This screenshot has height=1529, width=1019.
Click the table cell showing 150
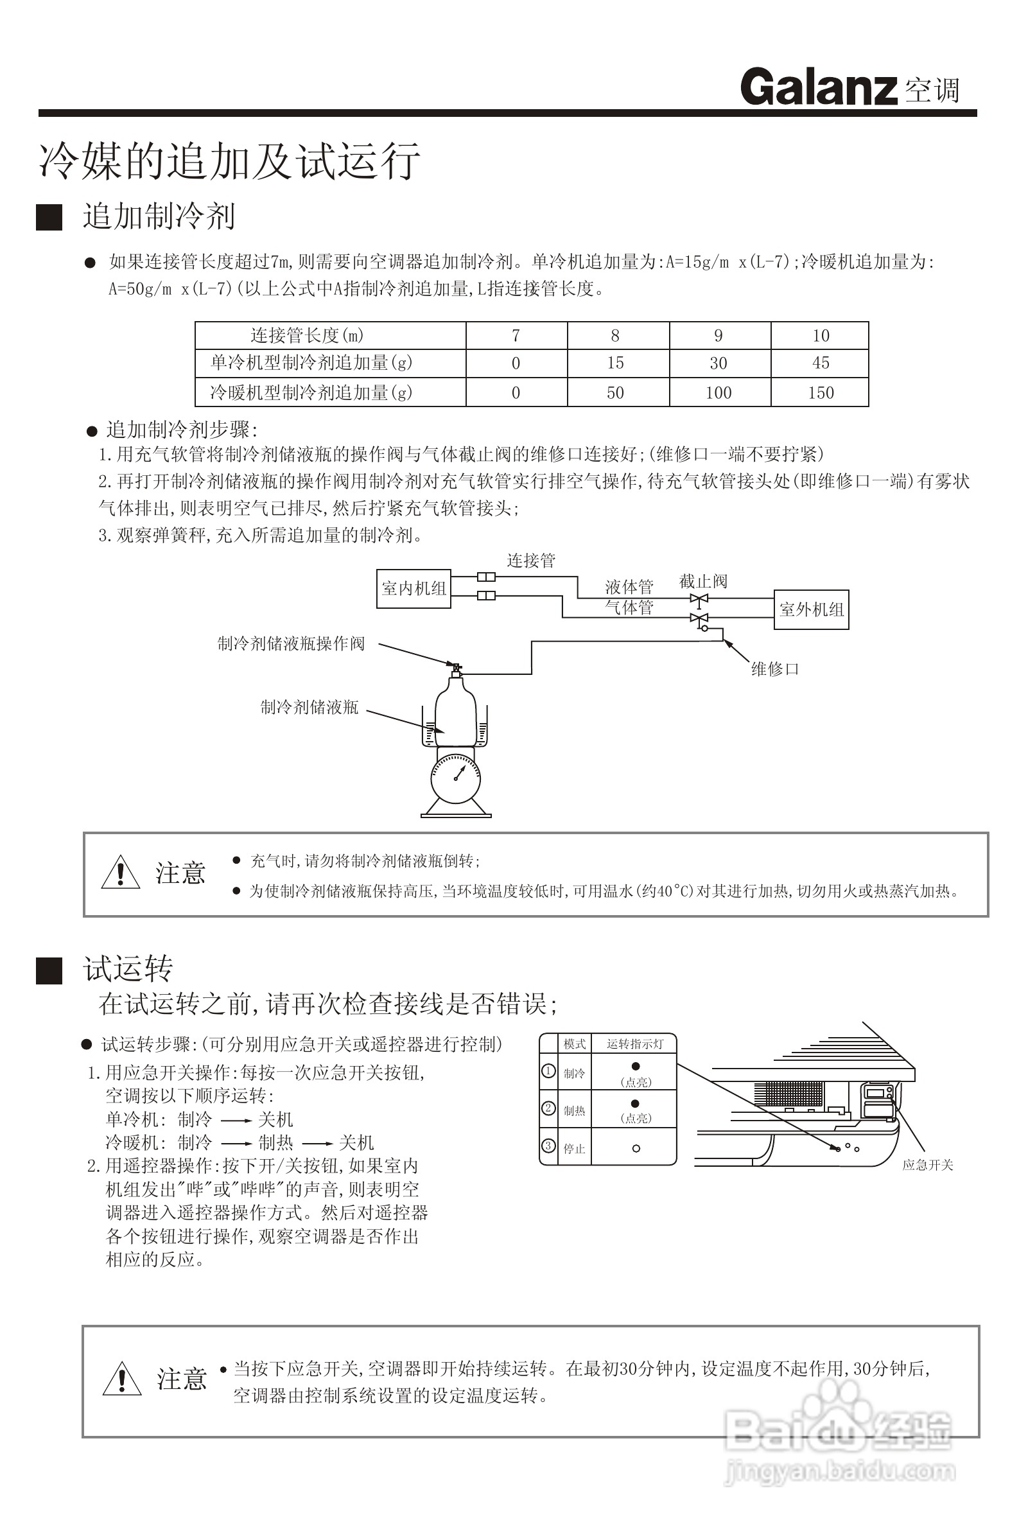[820, 392]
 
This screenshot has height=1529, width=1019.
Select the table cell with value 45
[820, 363]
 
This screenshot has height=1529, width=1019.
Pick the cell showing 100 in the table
[718, 392]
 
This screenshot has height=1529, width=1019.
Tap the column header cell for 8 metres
[614, 335]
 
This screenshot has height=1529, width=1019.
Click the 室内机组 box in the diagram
[414, 589]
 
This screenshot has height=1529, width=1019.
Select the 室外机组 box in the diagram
[811, 609]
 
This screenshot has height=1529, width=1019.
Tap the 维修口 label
[774, 668]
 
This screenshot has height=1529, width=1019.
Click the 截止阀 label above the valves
[702, 581]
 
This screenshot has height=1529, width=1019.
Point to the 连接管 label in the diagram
[531, 560]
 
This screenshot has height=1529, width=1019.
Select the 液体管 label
[629, 587]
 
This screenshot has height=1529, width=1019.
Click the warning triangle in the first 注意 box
[121, 873]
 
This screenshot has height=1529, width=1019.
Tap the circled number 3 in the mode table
[548, 1145]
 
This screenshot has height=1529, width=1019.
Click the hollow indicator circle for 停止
[636, 1148]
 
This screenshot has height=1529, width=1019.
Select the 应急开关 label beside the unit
[927, 1165]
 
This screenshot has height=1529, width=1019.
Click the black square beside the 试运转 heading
[49, 971]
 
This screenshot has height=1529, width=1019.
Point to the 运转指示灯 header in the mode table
[635, 1044]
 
